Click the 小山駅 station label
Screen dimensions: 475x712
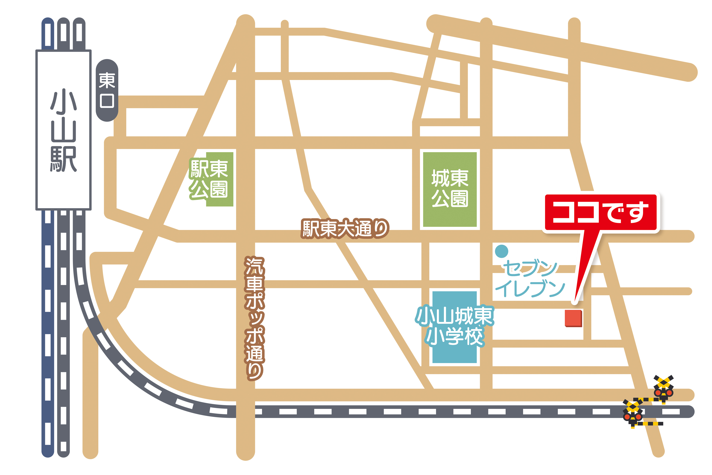click(64, 130)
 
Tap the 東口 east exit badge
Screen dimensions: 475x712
click(107, 90)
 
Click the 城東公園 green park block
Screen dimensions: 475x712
click(450, 189)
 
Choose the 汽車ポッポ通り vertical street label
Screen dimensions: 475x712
click(254, 318)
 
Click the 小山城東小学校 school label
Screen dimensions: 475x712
click(454, 326)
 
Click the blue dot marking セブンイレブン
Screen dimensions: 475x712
click(502, 251)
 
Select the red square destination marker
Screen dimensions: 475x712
click(573, 318)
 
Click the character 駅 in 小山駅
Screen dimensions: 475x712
click(64, 159)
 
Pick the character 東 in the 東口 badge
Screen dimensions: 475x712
click(107, 80)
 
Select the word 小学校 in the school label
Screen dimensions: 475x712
click(454, 336)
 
